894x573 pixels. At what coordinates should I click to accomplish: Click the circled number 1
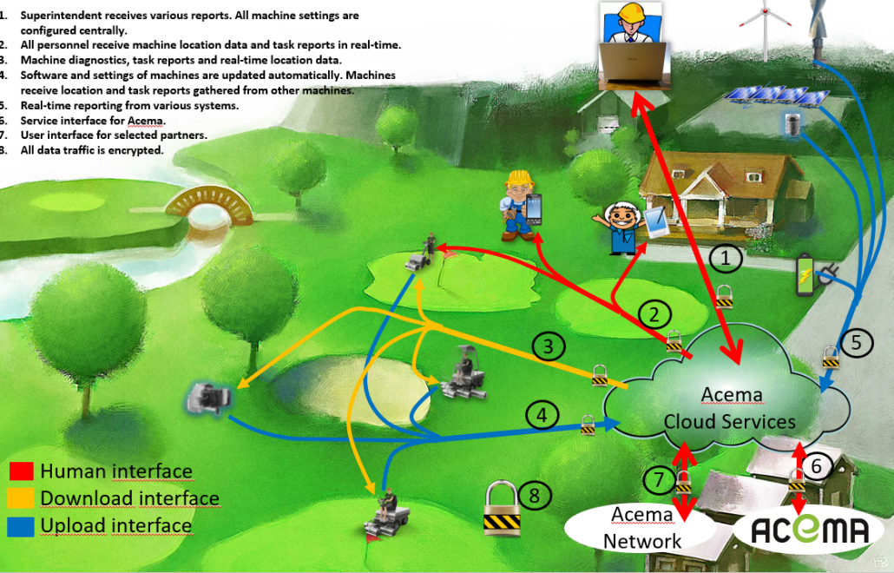tap(726, 259)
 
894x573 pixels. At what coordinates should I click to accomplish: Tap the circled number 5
tap(857, 342)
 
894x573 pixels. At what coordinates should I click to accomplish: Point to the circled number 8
tap(535, 496)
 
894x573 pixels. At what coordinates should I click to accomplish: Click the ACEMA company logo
tap(798, 529)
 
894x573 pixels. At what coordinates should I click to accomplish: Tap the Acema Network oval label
tap(642, 527)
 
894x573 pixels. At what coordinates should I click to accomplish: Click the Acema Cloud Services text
tap(729, 409)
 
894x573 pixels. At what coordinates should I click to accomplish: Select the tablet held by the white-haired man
tap(657, 223)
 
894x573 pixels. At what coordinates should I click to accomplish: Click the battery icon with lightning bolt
tap(806, 276)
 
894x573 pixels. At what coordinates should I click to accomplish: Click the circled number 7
tap(659, 478)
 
